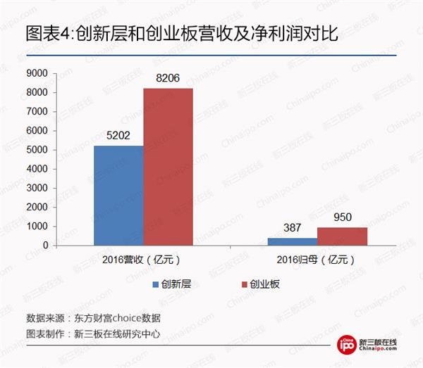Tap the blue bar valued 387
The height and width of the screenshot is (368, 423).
click(x=292, y=241)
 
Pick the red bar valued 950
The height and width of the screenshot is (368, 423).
click(x=342, y=236)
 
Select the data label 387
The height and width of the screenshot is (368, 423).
click(x=292, y=229)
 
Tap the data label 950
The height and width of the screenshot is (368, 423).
click(x=342, y=218)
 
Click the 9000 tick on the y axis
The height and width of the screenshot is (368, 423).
click(x=36, y=73)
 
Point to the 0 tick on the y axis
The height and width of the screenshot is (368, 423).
click(x=44, y=246)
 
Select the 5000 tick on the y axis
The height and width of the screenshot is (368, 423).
click(x=36, y=150)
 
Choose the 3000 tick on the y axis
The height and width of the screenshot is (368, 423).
click(x=36, y=189)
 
